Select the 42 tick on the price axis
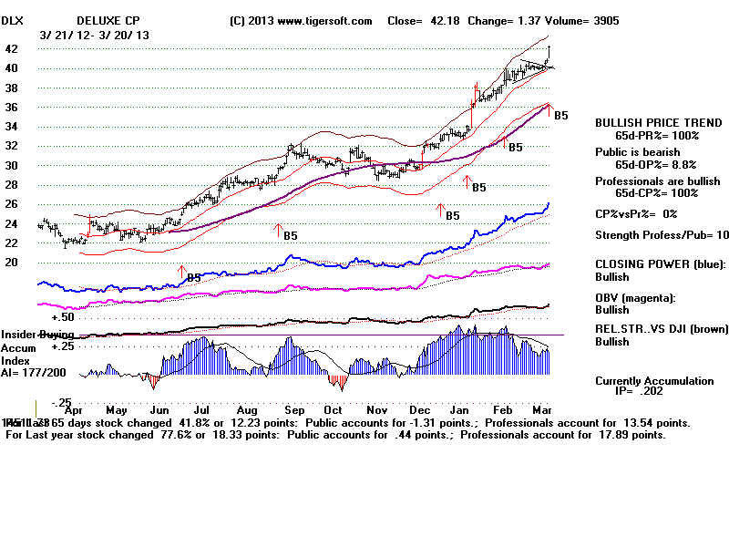point(12,49)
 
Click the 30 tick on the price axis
point(12,165)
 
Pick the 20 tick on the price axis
point(12,263)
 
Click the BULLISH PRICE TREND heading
point(648,122)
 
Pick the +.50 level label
point(62,317)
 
